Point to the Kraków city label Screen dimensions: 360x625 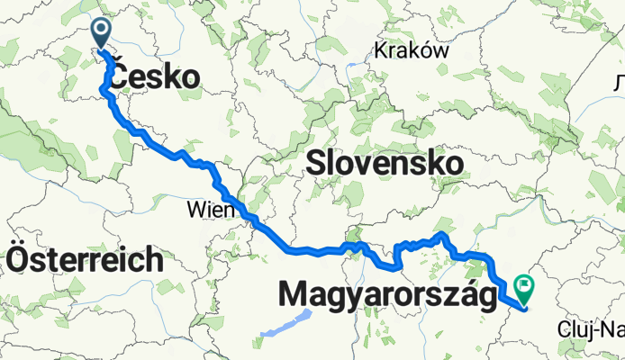click(x=412, y=50)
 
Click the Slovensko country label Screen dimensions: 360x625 click(x=385, y=163)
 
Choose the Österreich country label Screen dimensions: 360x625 click(x=86, y=260)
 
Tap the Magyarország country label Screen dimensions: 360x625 click(x=388, y=294)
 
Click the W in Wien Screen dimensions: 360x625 click(x=195, y=209)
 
